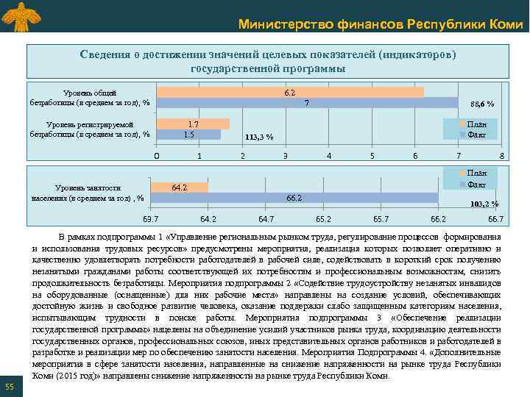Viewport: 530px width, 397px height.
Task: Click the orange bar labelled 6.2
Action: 290,93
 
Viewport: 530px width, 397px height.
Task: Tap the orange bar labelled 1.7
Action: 193,124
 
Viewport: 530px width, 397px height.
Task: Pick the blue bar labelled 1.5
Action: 188,135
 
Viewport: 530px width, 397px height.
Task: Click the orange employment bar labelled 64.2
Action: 182,187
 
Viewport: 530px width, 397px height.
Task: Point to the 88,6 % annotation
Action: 481,104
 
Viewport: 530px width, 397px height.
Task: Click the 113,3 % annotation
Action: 258,137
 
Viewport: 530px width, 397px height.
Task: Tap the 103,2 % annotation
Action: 484,204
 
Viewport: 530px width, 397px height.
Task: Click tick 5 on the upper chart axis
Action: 372,156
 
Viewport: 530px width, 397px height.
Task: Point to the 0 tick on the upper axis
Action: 155,156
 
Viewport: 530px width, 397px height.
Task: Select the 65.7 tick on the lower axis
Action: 381,219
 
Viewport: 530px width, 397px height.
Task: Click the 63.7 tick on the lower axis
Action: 150,219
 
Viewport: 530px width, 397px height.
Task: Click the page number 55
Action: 10,387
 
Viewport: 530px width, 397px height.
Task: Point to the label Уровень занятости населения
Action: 88,193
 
